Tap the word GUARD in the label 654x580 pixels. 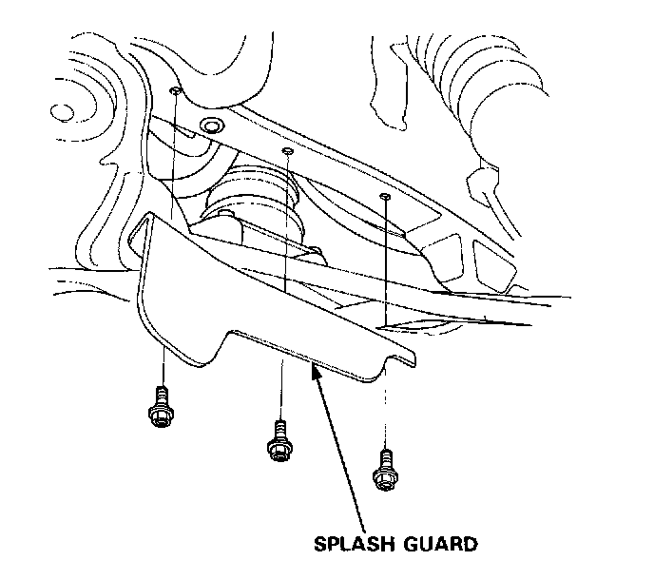coord(434,546)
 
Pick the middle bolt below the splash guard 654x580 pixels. coord(279,441)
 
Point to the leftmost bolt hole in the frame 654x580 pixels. coord(176,90)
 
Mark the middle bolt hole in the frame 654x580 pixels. coord(288,150)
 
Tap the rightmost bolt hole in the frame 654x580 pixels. coord(384,197)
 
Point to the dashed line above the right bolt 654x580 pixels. coord(385,409)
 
